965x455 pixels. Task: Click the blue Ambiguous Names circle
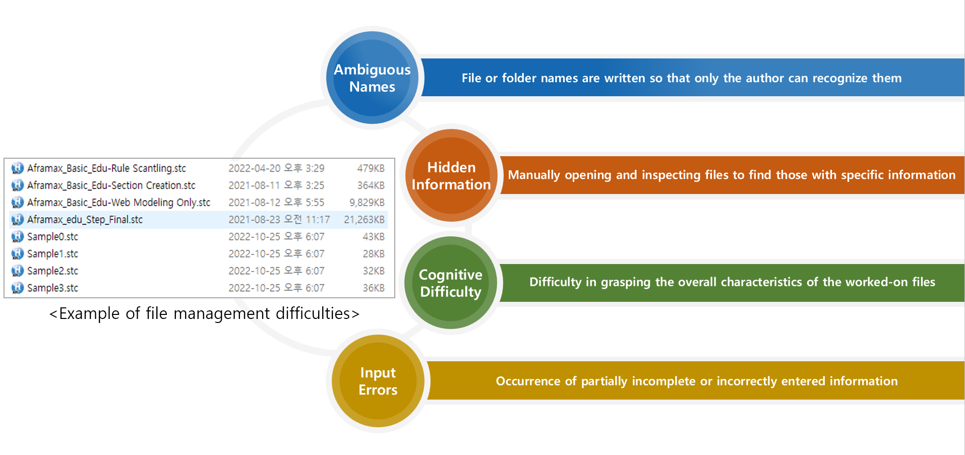pyautogui.click(x=372, y=78)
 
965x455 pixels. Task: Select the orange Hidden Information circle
pyautogui.click(x=451, y=175)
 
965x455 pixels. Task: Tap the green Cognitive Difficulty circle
pyautogui.click(x=451, y=283)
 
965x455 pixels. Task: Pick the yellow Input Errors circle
pyautogui.click(x=378, y=381)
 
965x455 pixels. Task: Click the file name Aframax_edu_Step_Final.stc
pyautogui.click(x=85, y=220)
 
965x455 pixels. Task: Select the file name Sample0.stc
pyautogui.click(x=52, y=237)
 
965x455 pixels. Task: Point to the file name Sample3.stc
pyautogui.click(x=52, y=288)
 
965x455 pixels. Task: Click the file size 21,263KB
pyautogui.click(x=364, y=220)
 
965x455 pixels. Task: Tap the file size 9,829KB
pyautogui.click(x=367, y=203)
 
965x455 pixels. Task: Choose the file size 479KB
pyautogui.click(x=371, y=168)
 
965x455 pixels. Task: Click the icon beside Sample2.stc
pyautogui.click(x=18, y=271)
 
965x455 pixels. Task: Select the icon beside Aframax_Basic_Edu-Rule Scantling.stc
pyautogui.click(x=18, y=168)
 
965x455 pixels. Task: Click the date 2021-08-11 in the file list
pyautogui.click(x=254, y=185)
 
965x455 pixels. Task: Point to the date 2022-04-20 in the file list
pyautogui.click(x=254, y=168)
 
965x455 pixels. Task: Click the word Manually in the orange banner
pyautogui.click(x=534, y=175)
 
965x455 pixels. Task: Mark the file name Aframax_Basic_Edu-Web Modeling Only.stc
pyautogui.click(x=118, y=203)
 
